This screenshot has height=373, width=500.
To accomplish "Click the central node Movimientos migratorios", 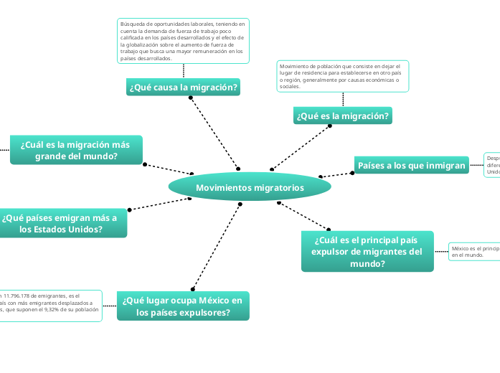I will coord(250,188).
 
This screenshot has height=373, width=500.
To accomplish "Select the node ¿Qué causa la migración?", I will coord(183,88).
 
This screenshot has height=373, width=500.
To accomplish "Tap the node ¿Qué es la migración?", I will coord(343,115).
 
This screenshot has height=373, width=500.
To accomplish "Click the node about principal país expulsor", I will coord(367,251).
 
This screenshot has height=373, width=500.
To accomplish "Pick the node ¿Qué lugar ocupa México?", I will coord(183,306).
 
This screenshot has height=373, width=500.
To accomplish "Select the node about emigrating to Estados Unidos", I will coord(60,223).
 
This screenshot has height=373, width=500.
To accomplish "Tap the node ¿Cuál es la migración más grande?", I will coord(75,150).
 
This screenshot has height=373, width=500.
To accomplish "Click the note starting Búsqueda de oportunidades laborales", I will coord(183,40).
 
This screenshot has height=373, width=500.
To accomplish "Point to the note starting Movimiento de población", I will coord(342,76).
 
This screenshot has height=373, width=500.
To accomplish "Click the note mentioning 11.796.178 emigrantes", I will coord(50,306).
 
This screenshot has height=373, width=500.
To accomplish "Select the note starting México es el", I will coord(474,251).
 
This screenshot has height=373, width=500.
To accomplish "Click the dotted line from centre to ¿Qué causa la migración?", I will coord(214,133).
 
